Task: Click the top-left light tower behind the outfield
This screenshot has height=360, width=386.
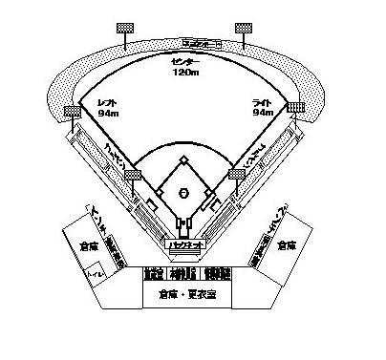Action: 125,30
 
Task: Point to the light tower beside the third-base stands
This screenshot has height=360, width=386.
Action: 132,177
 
